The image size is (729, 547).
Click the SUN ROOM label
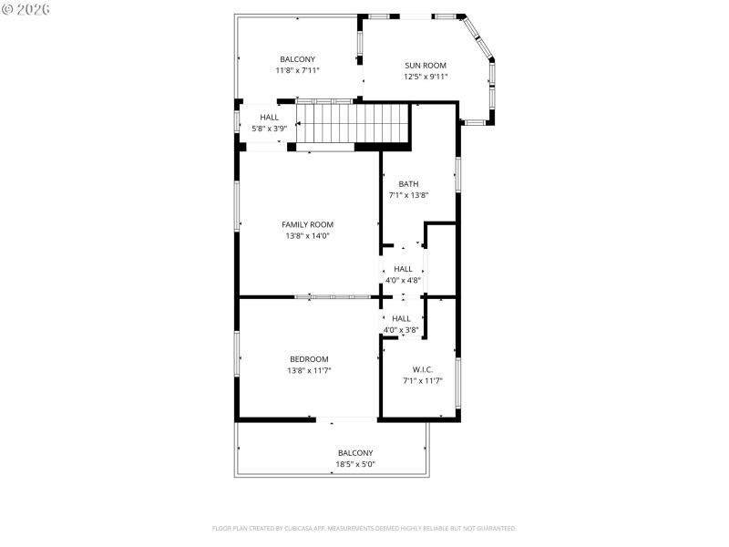[426, 65]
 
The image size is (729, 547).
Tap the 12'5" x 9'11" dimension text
[426, 77]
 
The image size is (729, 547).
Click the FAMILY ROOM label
[307, 224]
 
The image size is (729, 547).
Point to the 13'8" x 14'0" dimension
[307, 236]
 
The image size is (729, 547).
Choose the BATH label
[408, 183]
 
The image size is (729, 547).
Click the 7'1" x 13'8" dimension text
[408, 195]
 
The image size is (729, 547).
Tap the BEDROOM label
[309, 359]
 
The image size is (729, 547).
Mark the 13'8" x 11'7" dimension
[309, 371]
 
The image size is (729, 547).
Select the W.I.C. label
[422, 369]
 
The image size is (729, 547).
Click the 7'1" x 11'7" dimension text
[422, 381]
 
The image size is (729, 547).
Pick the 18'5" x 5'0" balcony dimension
[355, 465]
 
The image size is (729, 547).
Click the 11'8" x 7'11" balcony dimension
[297, 70]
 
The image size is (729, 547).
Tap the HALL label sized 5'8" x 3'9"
[270, 118]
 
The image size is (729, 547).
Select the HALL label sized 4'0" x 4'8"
[403, 269]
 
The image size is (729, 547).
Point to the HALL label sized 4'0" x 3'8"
[401, 318]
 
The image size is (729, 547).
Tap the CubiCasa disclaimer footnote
[364, 528]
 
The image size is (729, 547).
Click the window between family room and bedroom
[332, 296]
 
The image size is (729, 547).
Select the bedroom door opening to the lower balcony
[346, 419]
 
